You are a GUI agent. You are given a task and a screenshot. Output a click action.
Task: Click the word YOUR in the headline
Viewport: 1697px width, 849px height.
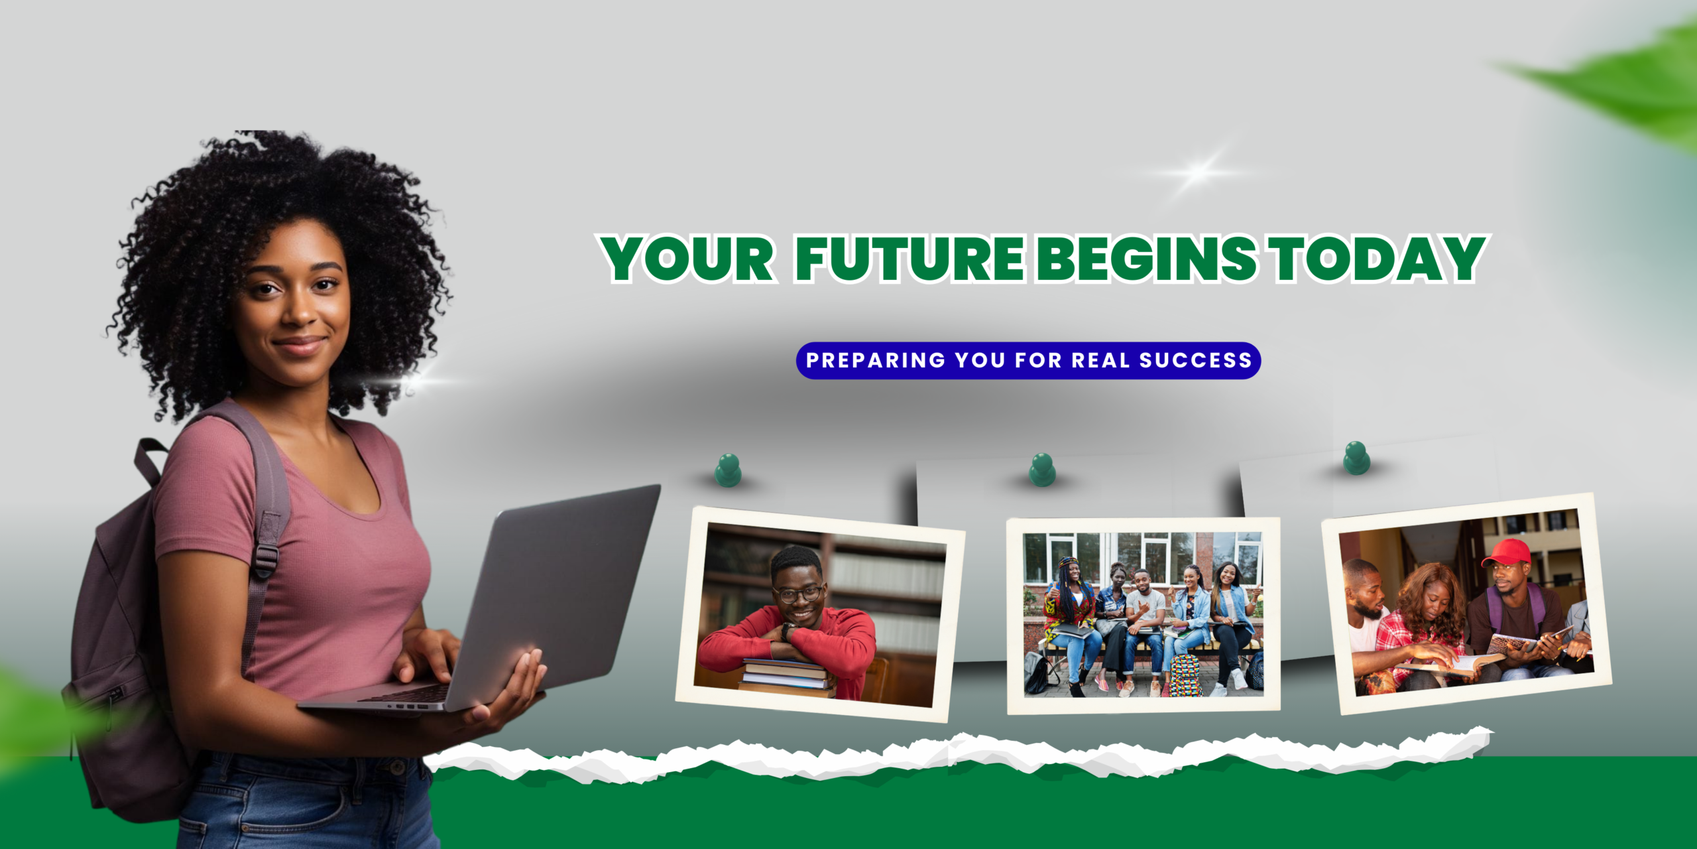[687, 258]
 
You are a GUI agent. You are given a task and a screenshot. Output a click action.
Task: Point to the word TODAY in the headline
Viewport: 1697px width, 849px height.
[1376, 258]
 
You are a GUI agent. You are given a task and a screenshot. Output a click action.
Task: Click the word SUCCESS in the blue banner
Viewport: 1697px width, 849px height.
[1195, 360]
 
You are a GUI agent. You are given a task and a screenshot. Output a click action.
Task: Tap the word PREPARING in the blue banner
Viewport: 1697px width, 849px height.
[876, 360]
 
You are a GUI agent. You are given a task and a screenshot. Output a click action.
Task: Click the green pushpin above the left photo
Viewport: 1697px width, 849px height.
[728, 470]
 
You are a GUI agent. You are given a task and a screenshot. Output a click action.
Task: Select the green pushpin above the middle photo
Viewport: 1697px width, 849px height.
[1042, 470]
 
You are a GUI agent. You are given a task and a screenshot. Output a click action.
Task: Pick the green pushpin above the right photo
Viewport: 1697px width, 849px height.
[1356, 458]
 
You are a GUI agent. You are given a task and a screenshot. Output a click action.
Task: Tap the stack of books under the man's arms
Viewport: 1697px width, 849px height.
[787, 677]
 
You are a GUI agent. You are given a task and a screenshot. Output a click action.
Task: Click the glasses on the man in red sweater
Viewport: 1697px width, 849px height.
[797, 594]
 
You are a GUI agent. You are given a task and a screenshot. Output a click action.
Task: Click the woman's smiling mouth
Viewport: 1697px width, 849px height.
[300, 345]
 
